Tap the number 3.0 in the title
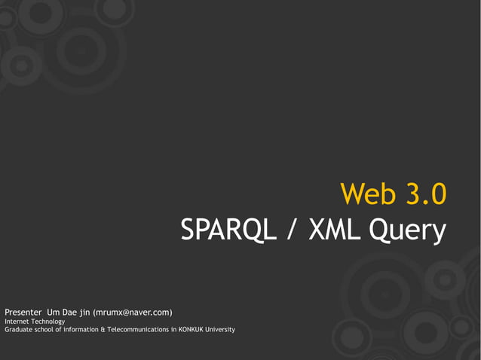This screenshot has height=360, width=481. (x=423, y=194)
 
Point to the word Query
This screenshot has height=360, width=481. (x=407, y=232)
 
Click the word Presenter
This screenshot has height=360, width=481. (x=23, y=312)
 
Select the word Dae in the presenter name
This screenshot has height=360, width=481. (x=72, y=312)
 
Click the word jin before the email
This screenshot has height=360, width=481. (x=87, y=313)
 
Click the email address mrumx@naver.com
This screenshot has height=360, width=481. (x=133, y=312)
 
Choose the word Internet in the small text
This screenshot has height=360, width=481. (x=17, y=322)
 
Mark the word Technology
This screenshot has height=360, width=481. (x=47, y=322)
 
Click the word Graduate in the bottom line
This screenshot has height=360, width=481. (x=18, y=330)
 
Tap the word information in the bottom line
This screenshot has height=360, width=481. (x=79, y=330)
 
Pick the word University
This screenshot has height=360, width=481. (x=221, y=330)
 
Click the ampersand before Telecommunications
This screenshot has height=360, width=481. (x=103, y=330)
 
